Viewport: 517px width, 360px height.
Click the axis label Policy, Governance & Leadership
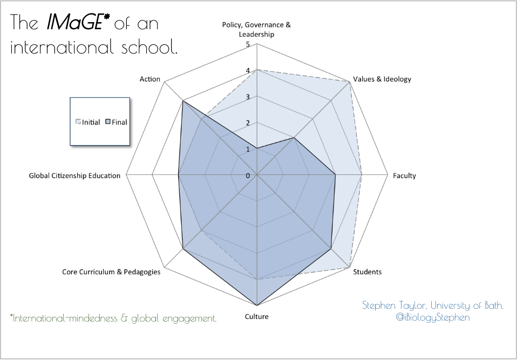(256, 30)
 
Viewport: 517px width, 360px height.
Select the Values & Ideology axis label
(382, 79)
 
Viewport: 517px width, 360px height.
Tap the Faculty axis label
(405, 176)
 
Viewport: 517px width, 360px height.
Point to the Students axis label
(367, 271)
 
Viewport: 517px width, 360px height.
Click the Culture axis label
(256, 316)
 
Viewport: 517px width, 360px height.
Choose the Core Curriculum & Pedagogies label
(111, 272)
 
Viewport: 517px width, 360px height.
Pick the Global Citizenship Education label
(74, 176)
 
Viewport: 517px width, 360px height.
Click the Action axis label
(149, 79)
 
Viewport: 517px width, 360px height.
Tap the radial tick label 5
(248, 44)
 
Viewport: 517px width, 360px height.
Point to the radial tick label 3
(248, 97)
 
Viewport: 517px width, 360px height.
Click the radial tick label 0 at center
(248, 175)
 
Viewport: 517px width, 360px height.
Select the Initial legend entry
(89, 122)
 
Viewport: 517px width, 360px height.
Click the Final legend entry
(117, 122)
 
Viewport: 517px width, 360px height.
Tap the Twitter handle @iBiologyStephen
(433, 317)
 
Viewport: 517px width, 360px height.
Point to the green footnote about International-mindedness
(113, 318)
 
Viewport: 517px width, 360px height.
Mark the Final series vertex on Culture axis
(257, 305)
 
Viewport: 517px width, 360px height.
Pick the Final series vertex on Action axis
(183, 101)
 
